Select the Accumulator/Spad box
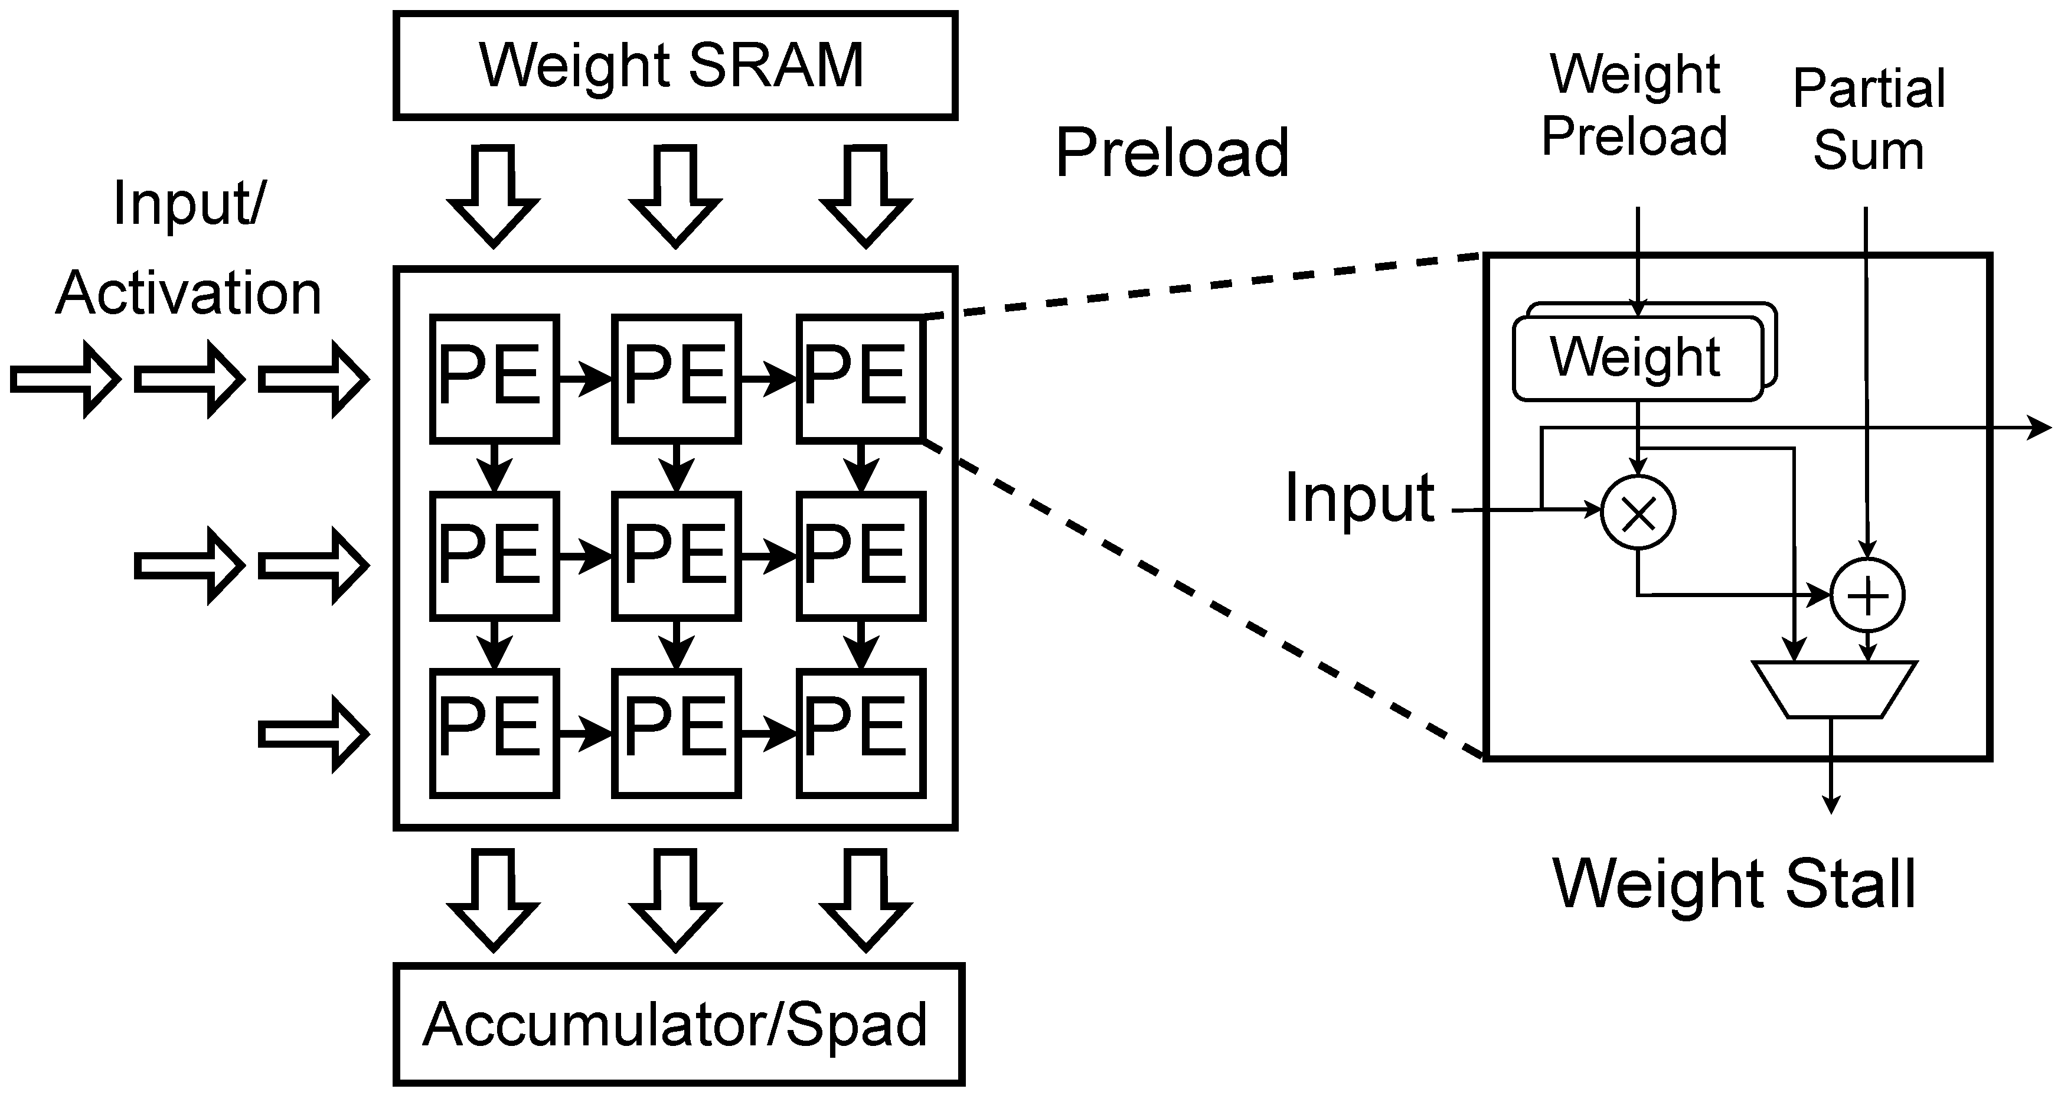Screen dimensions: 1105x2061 pos(678,1024)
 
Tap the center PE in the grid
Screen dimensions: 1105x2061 pos(676,556)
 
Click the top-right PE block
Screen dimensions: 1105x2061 pos(860,379)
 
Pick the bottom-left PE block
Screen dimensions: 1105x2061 pos(494,733)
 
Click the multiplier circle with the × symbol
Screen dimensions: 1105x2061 pos(1638,512)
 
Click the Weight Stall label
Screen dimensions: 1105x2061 pos(1734,884)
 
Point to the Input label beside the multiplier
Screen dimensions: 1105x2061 pos(1359,498)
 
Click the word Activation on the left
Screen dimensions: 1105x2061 pos(189,294)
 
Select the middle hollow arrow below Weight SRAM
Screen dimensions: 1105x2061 pos(676,196)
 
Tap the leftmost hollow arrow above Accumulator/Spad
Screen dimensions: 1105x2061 pos(494,900)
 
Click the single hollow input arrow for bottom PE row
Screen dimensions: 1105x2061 pos(313,734)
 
